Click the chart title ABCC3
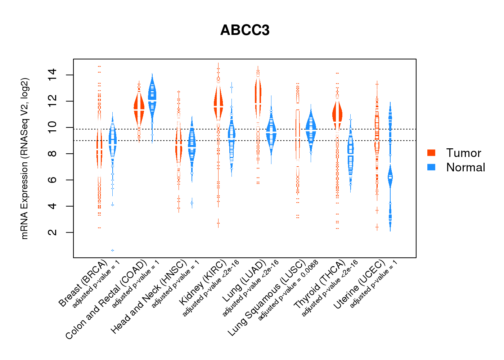(245, 30)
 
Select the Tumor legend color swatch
(431, 153)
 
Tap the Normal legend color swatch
(431, 167)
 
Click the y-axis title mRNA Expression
(24, 158)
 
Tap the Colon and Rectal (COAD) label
(107, 300)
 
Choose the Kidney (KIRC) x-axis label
(203, 282)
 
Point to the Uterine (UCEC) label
(359, 285)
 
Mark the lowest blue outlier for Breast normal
(112, 250)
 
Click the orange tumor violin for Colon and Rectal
(139, 108)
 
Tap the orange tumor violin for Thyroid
(337, 114)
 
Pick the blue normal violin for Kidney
(231, 139)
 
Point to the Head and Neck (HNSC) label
(149, 297)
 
